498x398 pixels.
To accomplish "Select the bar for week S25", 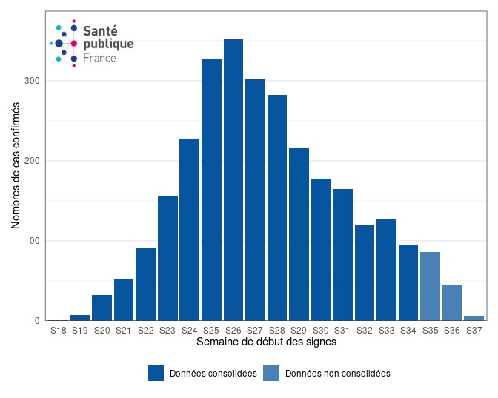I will [211, 190].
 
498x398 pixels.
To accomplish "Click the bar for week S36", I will [452, 302].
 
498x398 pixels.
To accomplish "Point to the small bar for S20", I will [102, 308].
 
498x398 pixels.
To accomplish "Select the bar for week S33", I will [386, 271].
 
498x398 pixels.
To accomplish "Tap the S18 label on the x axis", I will [59, 331].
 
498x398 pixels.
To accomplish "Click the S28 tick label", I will [277, 331].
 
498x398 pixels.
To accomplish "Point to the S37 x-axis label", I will [474, 331].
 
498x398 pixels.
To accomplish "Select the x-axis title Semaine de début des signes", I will [266, 342].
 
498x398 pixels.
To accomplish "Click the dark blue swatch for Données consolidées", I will [156, 374].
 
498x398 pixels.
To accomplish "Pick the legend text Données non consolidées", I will [337, 374].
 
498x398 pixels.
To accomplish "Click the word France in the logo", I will [99, 58].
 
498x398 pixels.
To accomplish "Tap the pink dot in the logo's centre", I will [74, 44].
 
